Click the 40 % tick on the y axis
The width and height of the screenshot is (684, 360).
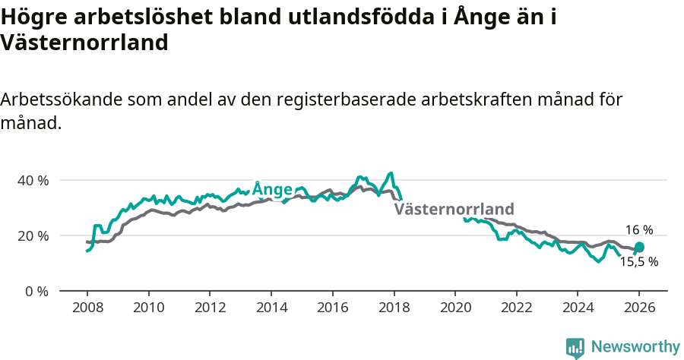coord(33,181)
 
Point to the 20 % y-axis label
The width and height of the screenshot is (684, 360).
coord(33,235)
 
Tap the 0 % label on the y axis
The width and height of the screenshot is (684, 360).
coord(36,291)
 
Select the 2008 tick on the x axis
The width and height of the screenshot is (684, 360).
coord(87,308)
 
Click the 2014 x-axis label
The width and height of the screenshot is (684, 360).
coord(271,308)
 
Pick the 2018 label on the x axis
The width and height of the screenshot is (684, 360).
coord(393,308)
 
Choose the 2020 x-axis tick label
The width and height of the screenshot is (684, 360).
coord(454,308)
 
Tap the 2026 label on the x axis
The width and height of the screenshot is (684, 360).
coord(638,308)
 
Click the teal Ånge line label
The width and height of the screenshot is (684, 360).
coord(272,188)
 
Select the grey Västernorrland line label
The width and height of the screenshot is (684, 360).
coord(454,209)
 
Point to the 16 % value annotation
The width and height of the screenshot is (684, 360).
coord(638,230)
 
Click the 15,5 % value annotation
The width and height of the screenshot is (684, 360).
coord(638,262)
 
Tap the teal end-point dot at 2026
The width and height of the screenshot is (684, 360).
coord(639,247)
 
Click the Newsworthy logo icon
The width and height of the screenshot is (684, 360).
coord(575,347)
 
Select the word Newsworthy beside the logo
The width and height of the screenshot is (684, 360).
coord(635,347)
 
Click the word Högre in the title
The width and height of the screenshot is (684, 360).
coord(31,17)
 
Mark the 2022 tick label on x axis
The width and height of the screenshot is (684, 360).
coord(516,308)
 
